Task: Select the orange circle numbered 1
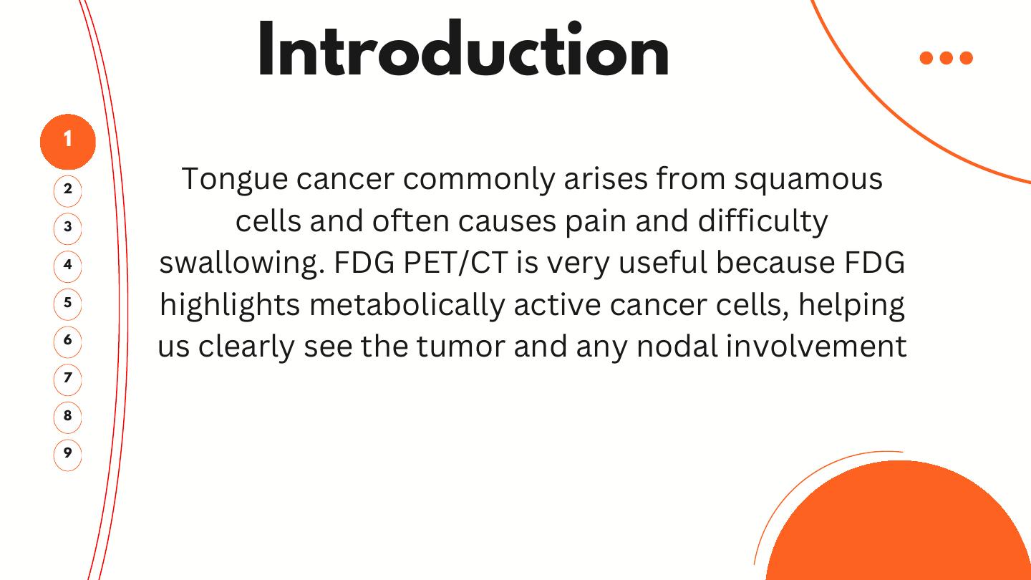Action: pos(67,142)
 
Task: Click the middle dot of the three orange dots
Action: pos(947,58)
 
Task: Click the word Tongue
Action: pos(235,180)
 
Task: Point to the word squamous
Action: pos(808,180)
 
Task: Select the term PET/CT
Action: pos(455,263)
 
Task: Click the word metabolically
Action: pos(407,306)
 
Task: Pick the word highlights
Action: pos(230,306)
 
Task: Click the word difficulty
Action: pos(763,222)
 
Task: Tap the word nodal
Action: pos(677,346)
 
